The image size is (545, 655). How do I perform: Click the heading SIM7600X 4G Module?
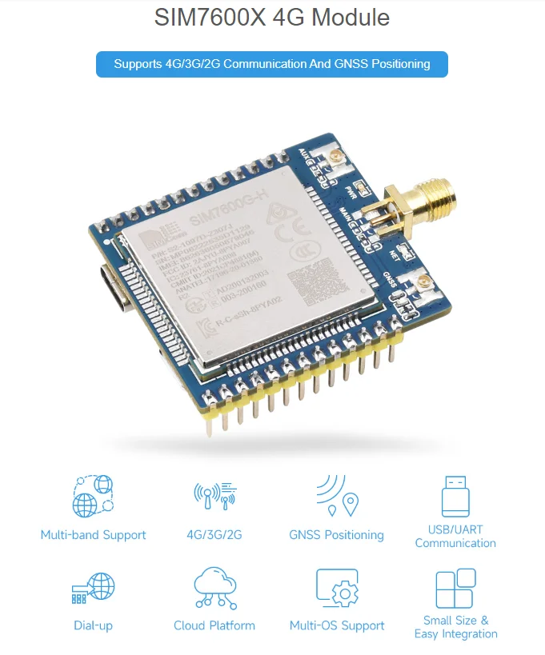(x=272, y=18)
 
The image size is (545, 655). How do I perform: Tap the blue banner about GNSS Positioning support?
(x=272, y=64)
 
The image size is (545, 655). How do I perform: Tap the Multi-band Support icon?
(x=93, y=497)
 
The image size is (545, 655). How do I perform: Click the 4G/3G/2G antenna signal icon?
(x=214, y=497)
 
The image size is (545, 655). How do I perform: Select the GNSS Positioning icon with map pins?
(x=337, y=497)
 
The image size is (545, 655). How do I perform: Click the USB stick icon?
(x=455, y=495)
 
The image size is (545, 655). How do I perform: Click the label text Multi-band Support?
(x=93, y=535)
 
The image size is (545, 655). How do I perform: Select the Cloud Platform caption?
(x=214, y=625)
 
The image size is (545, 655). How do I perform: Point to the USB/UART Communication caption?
(x=455, y=536)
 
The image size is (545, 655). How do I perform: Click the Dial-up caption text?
(x=93, y=625)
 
